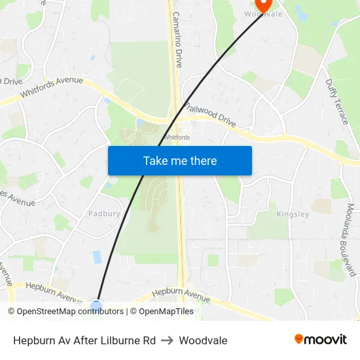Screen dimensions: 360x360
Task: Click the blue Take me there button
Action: click(x=179, y=160)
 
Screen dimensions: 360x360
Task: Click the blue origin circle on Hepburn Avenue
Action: click(x=96, y=305)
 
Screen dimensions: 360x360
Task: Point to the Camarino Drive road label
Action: click(x=177, y=41)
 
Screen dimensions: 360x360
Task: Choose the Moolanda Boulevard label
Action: click(x=350, y=240)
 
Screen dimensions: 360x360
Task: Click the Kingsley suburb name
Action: click(x=293, y=214)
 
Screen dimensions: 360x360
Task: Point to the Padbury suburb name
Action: click(x=104, y=213)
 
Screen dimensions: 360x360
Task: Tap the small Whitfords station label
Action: click(x=176, y=137)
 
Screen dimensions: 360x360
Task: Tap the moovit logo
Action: click(x=320, y=339)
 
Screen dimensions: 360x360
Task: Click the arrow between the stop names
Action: click(x=167, y=340)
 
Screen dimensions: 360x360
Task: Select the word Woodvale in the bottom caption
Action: click(x=203, y=340)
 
